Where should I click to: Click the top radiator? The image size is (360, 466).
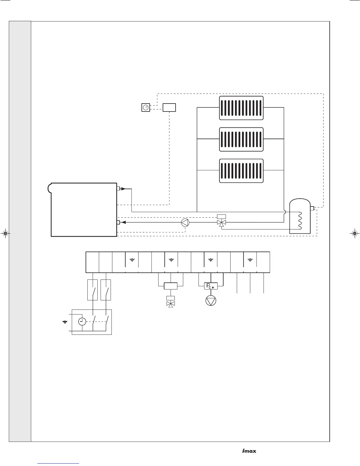click(x=241, y=108)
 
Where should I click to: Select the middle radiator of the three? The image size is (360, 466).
click(x=241, y=139)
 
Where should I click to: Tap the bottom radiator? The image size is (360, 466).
click(x=241, y=171)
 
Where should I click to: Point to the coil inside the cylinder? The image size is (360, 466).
click(x=300, y=220)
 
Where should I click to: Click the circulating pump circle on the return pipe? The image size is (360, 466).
click(x=185, y=223)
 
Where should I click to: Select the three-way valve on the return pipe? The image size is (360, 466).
click(x=221, y=223)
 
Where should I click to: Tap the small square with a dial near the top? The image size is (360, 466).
click(x=146, y=108)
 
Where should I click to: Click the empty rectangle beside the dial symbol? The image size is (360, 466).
click(x=169, y=108)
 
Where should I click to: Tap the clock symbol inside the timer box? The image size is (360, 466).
click(x=82, y=322)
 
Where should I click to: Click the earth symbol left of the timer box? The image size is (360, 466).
click(x=65, y=322)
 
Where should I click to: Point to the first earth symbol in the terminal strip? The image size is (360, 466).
click(x=132, y=260)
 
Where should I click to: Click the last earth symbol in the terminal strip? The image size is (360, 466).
click(x=250, y=260)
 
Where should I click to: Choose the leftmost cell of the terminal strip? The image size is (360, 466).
click(x=92, y=262)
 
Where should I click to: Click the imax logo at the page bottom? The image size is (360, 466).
click(x=249, y=451)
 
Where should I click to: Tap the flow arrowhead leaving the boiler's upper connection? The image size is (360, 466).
click(x=123, y=189)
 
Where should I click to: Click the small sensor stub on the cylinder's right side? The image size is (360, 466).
click(x=312, y=209)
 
